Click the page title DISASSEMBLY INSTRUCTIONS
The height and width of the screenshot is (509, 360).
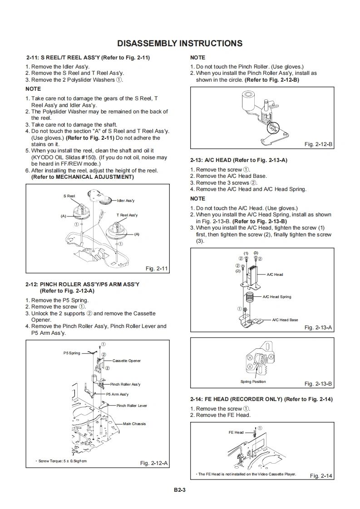180,44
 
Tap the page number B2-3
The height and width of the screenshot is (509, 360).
180,489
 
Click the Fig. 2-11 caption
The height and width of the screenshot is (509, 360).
157,269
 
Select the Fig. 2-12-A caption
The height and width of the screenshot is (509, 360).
154,463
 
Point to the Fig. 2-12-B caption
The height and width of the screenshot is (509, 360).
318,144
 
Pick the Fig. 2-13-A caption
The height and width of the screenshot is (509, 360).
318,327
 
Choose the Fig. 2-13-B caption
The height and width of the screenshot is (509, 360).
318,384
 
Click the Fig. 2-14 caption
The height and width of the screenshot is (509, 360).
321,475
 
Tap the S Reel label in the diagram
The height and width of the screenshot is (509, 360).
69,196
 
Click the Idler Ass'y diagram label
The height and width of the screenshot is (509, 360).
126,201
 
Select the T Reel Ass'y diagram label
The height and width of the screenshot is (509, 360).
127,215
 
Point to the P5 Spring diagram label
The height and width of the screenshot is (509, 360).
72,353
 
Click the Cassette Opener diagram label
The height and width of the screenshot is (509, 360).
127,361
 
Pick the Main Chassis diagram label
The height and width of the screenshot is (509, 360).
134,424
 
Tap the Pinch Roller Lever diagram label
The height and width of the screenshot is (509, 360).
132,406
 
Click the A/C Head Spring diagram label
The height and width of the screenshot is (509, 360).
277,297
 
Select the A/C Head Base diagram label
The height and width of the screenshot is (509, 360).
285,320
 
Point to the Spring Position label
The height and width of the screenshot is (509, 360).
253,382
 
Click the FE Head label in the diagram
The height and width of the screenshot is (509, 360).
236,432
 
